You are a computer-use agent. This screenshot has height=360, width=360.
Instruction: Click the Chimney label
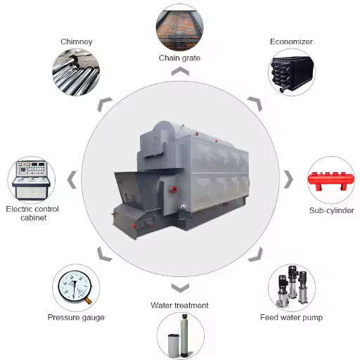[x=77, y=41]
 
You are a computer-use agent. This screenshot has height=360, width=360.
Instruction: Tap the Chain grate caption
[x=179, y=58]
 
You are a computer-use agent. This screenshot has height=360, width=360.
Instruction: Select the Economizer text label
[x=291, y=41]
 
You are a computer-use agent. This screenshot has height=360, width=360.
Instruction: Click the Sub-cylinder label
[x=331, y=210]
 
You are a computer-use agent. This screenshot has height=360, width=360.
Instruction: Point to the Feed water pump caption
[x=291, y=317]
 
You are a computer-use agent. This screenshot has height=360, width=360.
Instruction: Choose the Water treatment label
[x=179, y=305]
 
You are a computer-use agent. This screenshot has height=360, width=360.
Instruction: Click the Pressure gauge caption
[x=76, y=318]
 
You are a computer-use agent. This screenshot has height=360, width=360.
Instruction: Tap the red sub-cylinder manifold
[x=331, y=181]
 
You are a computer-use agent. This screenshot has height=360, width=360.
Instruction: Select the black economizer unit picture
[x=292, y=73]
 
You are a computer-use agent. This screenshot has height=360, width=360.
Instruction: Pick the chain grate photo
[x=180, y=27]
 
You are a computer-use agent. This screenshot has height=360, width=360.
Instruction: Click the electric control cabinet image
[x=32, y=180]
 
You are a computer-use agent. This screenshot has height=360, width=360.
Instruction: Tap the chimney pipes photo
[x=76, y=72]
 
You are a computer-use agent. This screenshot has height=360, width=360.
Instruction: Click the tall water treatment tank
[x=184, y=335]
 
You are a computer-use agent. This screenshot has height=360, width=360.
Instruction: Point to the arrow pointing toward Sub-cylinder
[x=288, y=179]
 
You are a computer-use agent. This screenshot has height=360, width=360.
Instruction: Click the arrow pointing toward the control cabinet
[x=72, y=180]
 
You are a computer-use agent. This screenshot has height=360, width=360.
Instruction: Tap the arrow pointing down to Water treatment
[x=180, y=288]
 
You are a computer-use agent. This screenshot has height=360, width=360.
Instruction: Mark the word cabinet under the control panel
[x=34, y=218]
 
